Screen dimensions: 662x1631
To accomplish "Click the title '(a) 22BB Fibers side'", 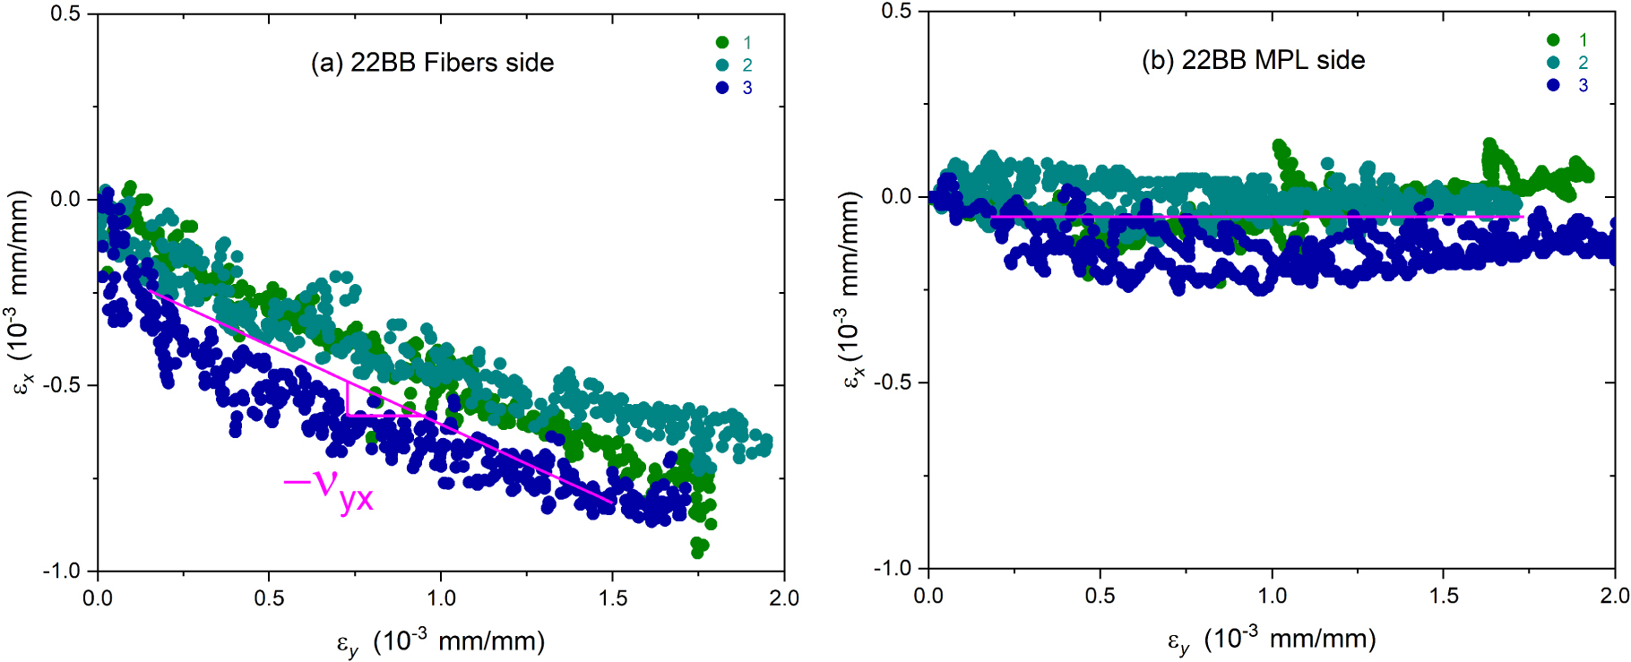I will tap(432, 63).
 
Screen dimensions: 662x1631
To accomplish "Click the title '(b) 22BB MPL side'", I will tap(1253, 60).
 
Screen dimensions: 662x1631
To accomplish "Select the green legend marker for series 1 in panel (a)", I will tap(722, 42).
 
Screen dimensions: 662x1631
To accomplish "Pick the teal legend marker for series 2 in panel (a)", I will tap(722, 64).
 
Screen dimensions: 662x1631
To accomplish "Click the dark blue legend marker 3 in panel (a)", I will tap(722, 88).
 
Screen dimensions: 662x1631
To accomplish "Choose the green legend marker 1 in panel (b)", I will tap(1553, 39).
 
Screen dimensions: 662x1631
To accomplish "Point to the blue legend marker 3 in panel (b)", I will tap(1553, 85).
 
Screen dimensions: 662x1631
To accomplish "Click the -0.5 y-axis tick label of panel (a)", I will tap(63, 385).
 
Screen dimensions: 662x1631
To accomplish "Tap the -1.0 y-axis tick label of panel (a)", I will tap(63, 571).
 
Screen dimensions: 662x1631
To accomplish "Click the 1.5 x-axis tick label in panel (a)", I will tap(612, 598).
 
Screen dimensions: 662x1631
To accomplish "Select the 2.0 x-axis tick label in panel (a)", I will tap(783, 598).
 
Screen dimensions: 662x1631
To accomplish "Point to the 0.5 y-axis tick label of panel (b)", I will tap(896, 12).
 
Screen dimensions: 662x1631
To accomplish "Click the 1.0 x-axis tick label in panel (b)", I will tap(1272, 595).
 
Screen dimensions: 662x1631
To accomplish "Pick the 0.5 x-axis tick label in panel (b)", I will tap(1100, 595).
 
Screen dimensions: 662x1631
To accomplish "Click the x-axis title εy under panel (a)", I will tap(440, 641).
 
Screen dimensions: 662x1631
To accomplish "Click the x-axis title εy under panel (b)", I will tap(1271, 639).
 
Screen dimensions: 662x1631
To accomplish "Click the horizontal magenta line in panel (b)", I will tap(1255, 217).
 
